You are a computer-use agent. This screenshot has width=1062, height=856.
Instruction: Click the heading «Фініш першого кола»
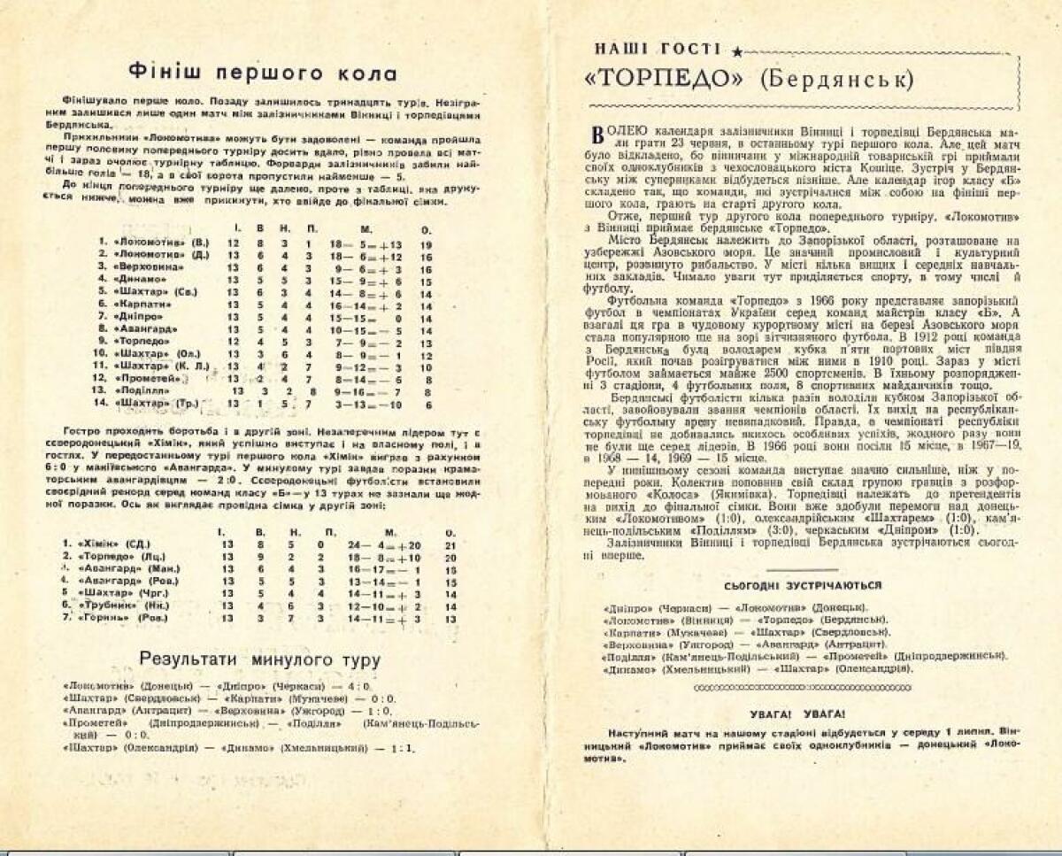tap(263, 73)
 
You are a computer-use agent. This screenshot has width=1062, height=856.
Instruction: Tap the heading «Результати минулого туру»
tap(260, 659)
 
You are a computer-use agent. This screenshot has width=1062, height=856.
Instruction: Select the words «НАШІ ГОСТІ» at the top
tap(658, 50)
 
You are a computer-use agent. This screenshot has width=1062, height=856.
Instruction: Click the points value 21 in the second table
tap(450, 543)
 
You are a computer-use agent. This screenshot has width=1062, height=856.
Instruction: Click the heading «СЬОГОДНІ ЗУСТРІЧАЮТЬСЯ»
tap(802, 586)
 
